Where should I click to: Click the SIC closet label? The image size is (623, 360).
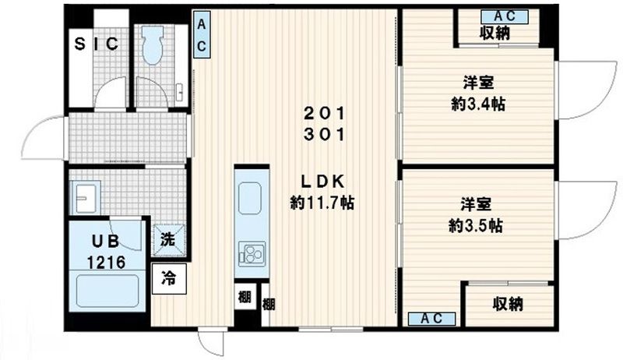coord(97,44)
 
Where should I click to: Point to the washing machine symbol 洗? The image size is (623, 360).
coord(169,239)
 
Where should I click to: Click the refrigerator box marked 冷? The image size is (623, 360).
coord(169,277)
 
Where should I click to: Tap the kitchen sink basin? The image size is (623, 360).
coord(252,198)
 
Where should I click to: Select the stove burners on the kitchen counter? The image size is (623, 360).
coord(252,252)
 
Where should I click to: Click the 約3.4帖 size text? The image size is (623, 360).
coord(477,104)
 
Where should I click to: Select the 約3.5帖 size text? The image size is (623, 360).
coord(477,226)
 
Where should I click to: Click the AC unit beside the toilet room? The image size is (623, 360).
coord(200,36)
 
